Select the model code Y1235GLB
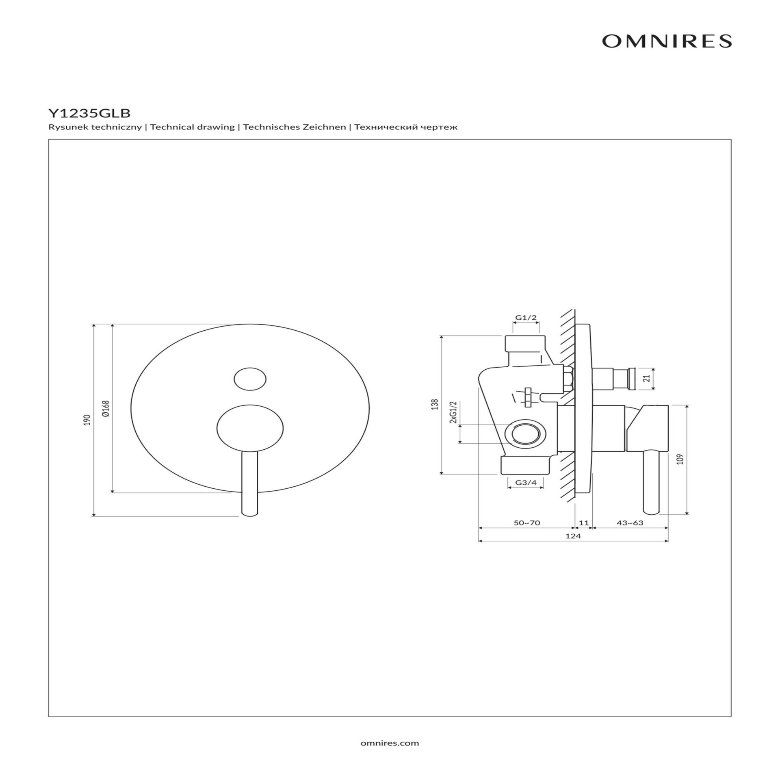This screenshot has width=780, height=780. pos(89,113)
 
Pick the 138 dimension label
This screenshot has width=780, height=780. pos(435,405)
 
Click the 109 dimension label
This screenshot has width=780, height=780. pos(681,459)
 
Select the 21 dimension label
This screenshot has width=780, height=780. pos(648,378)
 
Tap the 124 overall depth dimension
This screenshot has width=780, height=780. pos(573,536)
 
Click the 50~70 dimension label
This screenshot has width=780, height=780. pos(527,523)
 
